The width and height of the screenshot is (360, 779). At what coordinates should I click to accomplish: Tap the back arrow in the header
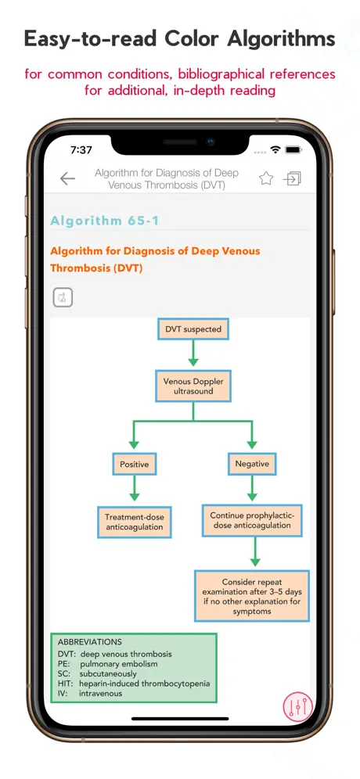[x=67, y=179]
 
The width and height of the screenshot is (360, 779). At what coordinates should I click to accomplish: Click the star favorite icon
[x=266, y=178]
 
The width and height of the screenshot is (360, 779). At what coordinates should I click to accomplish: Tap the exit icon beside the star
[x=293, y=178]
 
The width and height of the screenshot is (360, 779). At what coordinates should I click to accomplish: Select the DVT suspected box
[x=193, y=329]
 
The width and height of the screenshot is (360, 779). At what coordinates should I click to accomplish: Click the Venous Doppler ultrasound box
[x=193, y=386]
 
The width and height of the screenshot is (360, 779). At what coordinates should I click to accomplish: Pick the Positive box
[x=135, y=465]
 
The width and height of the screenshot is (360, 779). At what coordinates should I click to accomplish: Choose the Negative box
[x=252, y=464]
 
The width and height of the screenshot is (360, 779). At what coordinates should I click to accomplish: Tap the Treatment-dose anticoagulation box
[x=135, y=522]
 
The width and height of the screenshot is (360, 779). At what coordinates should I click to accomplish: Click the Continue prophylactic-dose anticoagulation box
[x=252, y=521]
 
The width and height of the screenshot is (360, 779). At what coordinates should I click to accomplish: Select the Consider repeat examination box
[x=251, y=596]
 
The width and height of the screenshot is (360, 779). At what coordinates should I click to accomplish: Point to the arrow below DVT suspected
[x=193, y=355]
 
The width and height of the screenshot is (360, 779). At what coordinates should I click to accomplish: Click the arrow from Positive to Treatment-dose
[x=135, y=488]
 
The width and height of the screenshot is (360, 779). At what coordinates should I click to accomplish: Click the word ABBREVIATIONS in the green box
[x=89, y=642]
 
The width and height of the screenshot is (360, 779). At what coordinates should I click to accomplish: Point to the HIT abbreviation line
[x=134, y=684]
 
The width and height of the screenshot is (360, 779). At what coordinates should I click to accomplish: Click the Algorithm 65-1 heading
[x=105, y=221]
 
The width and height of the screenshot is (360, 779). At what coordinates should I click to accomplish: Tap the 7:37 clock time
[x=81, y=150]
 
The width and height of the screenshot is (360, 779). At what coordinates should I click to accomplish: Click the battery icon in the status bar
[x=293, y=149]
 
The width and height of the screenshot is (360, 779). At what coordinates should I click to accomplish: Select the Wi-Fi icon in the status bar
[x=275, y=149]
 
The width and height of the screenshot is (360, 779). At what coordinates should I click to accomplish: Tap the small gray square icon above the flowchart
[x=63, y=297]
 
